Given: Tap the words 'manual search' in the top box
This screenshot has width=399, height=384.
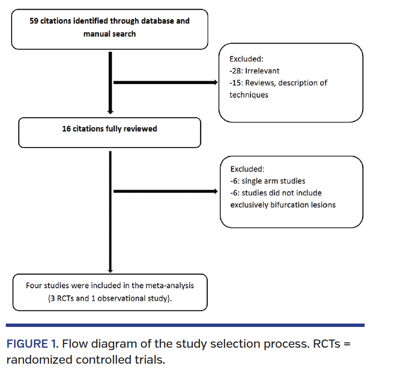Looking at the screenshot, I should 109,34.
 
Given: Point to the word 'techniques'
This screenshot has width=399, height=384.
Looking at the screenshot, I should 248,95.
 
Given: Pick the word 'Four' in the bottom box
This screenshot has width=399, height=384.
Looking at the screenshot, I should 34,285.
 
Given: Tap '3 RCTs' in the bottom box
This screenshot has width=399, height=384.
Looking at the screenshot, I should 62,298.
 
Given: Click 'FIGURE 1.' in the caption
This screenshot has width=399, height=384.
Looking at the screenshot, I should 32,345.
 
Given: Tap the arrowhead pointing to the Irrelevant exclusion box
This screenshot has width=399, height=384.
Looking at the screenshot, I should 215,83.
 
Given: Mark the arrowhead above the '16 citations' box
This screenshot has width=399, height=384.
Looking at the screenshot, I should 110,112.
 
